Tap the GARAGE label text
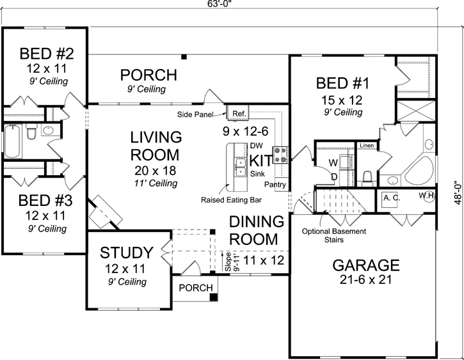pos(365,265)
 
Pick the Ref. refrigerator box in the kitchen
pos(239,114)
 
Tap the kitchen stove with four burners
pos(280,154)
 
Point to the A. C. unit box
pos(392,198)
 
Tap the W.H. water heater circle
pos(427,195)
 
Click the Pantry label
pos(275,184)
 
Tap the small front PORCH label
pos(195,288)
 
